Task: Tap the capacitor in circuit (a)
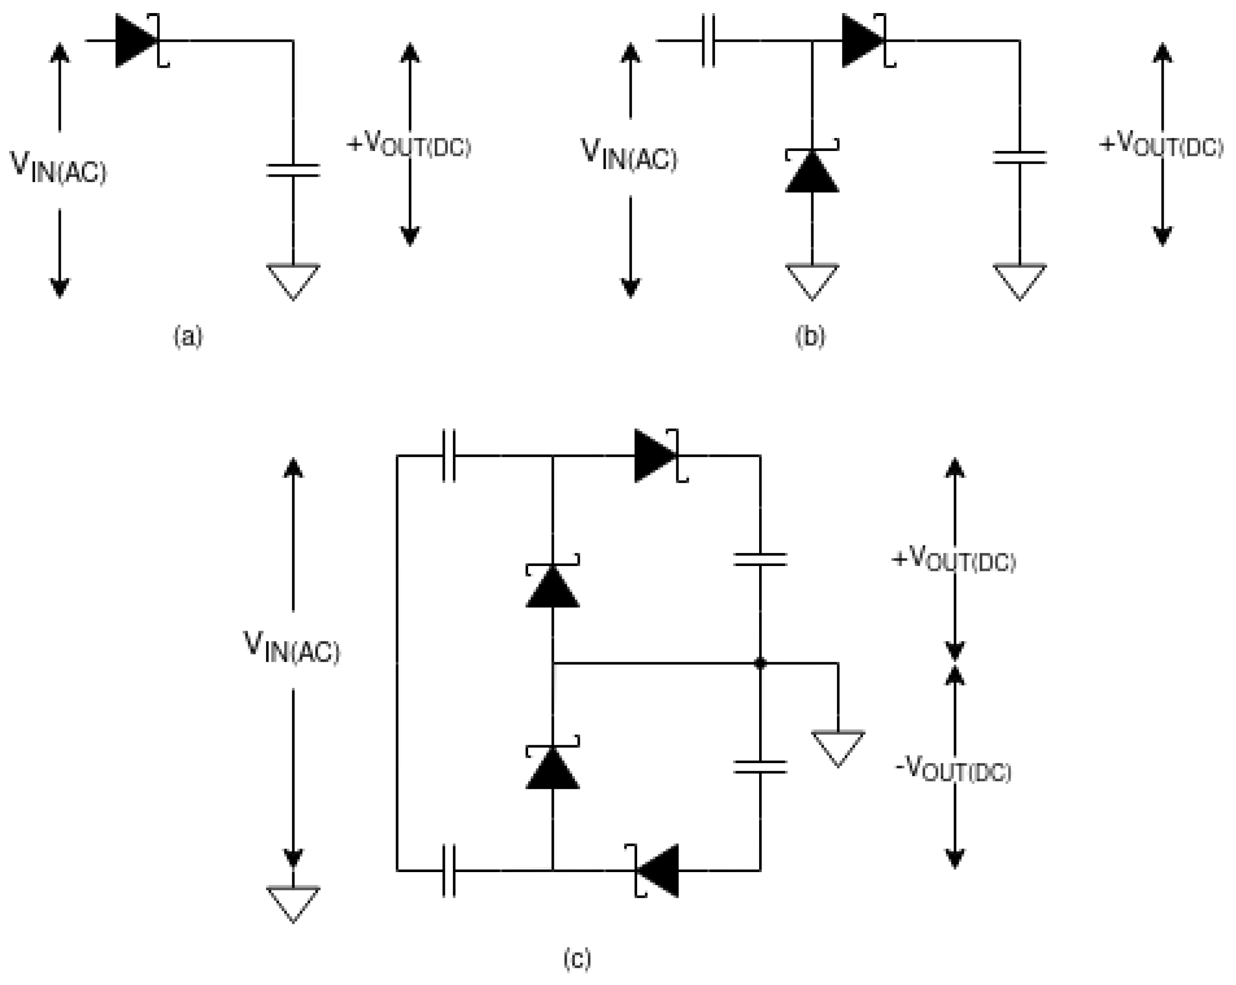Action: (293, 170)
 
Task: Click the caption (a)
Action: (188, 336)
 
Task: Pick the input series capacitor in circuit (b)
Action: (708, 41)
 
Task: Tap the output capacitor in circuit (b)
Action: (1019, 157)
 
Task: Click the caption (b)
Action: (810, 336)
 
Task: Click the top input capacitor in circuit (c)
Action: (449, 456)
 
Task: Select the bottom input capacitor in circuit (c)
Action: (449, 871)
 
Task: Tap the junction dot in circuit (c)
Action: (760, 663)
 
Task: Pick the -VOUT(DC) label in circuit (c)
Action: (953, 770)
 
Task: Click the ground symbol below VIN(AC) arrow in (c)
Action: (293, 903)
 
